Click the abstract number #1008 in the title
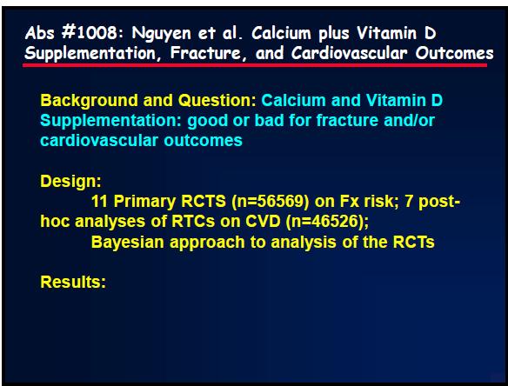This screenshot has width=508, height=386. pyautogui.click(x=89, y=32)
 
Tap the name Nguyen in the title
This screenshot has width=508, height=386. pyautogui.click(x=161, y=34)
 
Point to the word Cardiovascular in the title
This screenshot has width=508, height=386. pyautogui.click(x=349, y=53)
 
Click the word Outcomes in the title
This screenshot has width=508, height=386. pyautogui.click(x=454, y=53)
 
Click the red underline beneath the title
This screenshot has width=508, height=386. pyautogui.click(x=255, y=65)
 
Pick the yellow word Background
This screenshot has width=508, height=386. pyautogui.click(x=90, y=101)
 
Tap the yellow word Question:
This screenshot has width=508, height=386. pyautogui.click(x=217, y=100)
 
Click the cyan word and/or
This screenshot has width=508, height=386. pyautogui.click(x=409, y=121)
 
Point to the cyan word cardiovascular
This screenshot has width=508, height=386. pyautogui.click(x=99, y=141)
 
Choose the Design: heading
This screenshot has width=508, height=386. pyautogui.click(x=71, y=182)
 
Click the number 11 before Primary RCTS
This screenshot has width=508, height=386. pyautogui.click(x=99, y=202)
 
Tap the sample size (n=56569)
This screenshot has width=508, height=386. pyautogui.click(x=271, y=202)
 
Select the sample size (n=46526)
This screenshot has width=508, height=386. pyautogui.click(x=327, y=222)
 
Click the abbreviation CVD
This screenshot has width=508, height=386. pyautogui.click(x=263, y=222)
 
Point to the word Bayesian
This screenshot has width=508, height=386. pyautogui.click(x=128, y=243)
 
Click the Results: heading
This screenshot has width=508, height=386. pyautogui.click(x=73, y=282)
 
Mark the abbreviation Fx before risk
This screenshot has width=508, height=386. pyautogui.click(x=350, y=202)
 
